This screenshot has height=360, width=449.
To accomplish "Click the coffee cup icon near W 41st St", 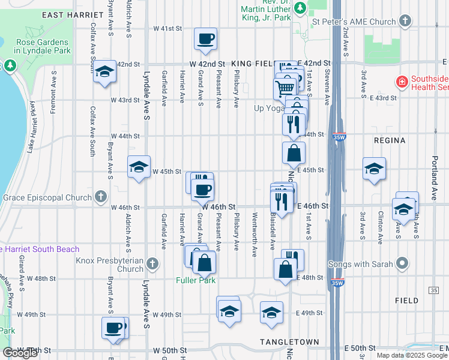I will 206,39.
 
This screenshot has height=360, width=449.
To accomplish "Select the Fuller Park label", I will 195,280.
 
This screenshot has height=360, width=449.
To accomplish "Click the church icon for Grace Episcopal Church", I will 100,196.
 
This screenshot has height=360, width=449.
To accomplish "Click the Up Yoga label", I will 268,108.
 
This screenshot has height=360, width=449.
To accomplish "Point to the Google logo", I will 20,353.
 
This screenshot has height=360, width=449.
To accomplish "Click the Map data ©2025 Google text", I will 412,355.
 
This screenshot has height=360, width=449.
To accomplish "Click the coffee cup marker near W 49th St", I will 113,328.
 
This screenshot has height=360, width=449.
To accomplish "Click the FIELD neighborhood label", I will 406,300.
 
